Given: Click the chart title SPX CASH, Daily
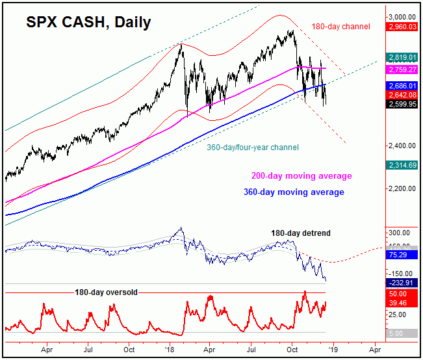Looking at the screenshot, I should point(88,22).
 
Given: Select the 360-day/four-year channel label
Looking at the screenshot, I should point(253,148).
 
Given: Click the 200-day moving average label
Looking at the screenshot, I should point(301,176).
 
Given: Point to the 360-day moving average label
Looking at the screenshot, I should point(298,192).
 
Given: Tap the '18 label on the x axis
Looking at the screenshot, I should point(170,349).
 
